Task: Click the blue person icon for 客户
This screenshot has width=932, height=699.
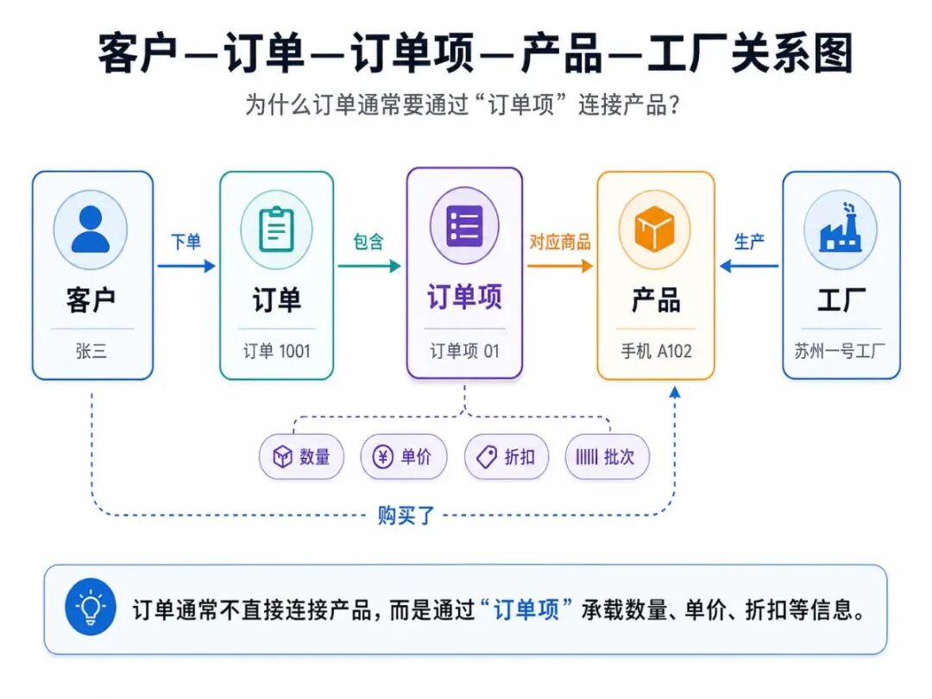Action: coord(91,229)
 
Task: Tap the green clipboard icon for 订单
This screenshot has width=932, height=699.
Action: coord(276,229)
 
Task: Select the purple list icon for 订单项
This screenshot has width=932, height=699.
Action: coord(464,226)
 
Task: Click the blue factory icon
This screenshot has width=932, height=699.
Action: coord(840,228)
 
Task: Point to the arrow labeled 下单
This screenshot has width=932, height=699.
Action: coord(186,266)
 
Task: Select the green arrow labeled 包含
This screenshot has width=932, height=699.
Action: coord(369,266)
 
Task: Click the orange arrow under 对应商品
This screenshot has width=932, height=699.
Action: coord(560,266)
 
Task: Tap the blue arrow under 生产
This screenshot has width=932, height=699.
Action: coord(748,266)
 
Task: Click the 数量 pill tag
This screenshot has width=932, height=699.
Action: coord(301,457)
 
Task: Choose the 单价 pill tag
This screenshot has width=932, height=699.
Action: coord(403,457)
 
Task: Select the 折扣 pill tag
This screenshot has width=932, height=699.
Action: coord(507,457)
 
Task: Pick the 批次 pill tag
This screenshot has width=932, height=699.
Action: coord(607,457)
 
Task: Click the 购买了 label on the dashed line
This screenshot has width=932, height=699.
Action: coord(406,515)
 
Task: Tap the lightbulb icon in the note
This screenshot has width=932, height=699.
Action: coord(91,608)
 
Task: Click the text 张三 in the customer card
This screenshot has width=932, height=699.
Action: coord(91,351)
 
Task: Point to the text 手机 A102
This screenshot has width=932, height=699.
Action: coord(656,351)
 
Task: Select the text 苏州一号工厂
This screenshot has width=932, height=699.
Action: coord(840,351)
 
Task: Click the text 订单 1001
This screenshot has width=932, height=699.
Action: coord(276,351)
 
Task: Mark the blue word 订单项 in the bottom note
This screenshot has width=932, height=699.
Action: coord(526,610)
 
